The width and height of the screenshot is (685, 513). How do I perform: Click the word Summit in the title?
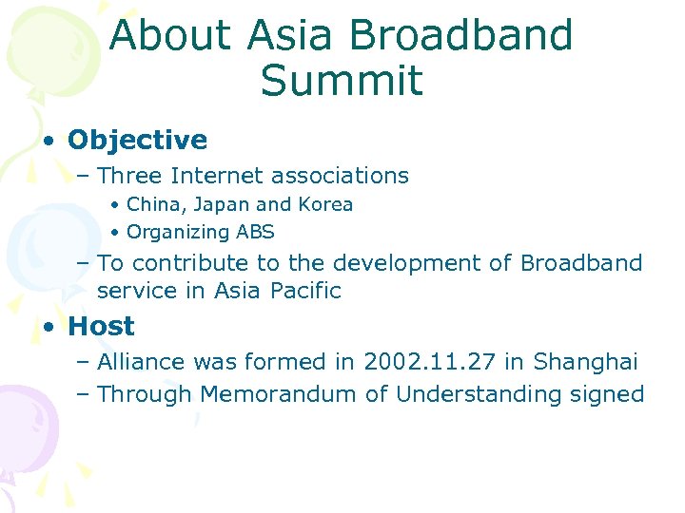341,81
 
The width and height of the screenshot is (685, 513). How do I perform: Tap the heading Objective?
137,141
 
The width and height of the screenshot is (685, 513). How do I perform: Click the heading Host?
101,326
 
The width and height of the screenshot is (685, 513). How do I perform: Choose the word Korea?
324,204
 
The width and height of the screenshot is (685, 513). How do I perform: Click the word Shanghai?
585,362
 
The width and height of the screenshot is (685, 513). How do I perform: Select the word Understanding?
475,394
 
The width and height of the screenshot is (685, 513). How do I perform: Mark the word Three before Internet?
130,176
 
